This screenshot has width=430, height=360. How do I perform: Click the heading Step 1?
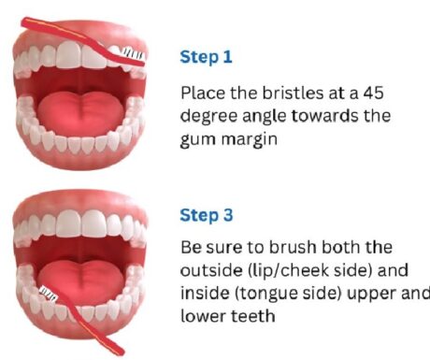point(206,57)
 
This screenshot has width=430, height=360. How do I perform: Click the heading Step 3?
point(207,215)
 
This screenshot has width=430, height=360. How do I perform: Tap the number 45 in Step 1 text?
point(373,93)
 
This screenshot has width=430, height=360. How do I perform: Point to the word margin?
point(249,139)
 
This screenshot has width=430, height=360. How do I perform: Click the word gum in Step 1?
point(198,140)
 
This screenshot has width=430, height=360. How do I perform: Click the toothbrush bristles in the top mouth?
point(133,53)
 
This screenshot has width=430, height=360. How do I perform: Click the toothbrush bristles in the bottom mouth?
point(49,294)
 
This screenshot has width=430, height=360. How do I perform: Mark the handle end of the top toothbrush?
point(24,22)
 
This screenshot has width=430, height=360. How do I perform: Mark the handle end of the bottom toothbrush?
point(121,352)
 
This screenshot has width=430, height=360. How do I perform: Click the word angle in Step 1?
point(265,117)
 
